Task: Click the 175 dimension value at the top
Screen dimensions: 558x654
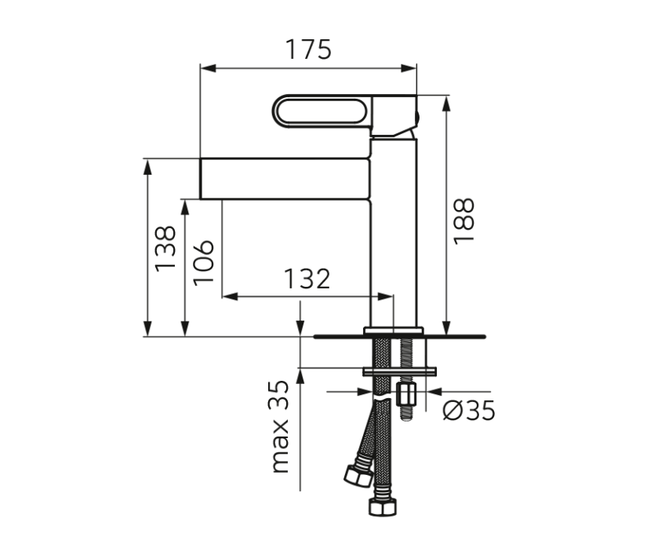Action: point(308,49)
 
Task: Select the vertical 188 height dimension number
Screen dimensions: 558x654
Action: point(464,220)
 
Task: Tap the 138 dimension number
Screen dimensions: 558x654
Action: point(165,248)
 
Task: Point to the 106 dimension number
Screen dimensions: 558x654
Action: point(202,262)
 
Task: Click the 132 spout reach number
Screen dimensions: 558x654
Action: point(307,279)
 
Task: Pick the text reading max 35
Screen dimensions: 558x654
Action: point(280,427)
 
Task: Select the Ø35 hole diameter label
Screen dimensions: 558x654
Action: point(469,410)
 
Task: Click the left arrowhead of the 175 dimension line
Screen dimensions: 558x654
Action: point(206,68)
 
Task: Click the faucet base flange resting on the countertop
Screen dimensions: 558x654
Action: point(394,331)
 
